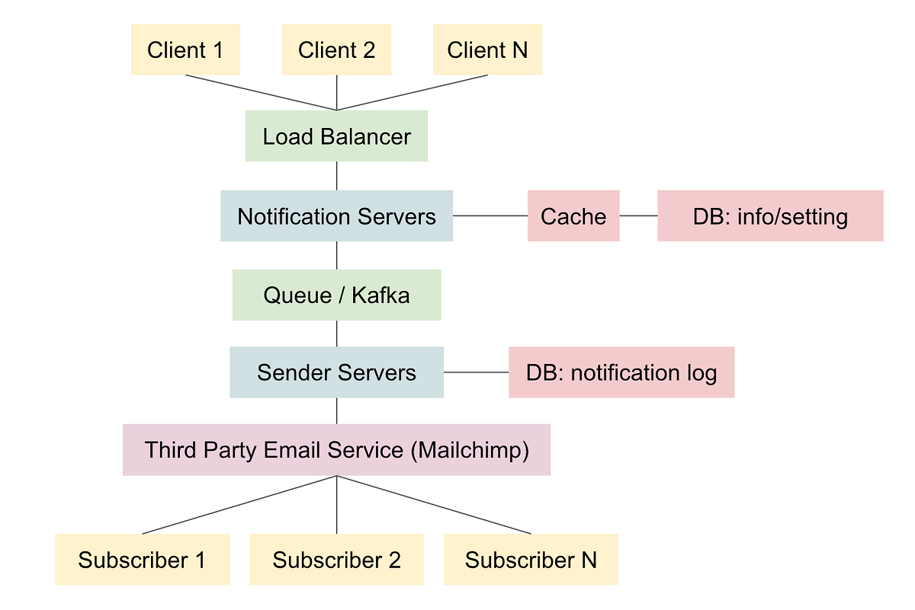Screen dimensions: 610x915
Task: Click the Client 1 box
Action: point(185,50)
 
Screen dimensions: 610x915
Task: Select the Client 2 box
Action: point(336,50)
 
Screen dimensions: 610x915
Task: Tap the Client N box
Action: point(487,50)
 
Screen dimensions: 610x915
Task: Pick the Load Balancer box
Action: point(336,136)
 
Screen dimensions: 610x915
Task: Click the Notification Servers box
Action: point(336,216)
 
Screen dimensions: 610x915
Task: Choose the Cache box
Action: point(573,216)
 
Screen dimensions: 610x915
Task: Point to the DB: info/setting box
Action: point(770,216)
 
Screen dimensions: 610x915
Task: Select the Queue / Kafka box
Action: point(336,295)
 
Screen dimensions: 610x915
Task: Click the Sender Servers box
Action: point(336,372)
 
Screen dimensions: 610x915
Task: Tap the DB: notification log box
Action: point(621,372)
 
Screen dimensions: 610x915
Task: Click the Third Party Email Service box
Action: point(336,450)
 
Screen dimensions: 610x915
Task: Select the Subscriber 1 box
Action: point(142,560)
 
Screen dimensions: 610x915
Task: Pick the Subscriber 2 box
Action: point(336,560)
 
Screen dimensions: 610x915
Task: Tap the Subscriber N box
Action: point(531,560)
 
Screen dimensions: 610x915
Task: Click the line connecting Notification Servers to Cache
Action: point(490,216)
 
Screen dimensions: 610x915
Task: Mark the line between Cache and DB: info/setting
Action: point(638,216)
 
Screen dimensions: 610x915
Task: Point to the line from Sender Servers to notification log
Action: point(476,372)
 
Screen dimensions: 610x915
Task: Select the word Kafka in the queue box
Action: point(380,295)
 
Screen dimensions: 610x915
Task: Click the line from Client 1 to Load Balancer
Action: point(259,92)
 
